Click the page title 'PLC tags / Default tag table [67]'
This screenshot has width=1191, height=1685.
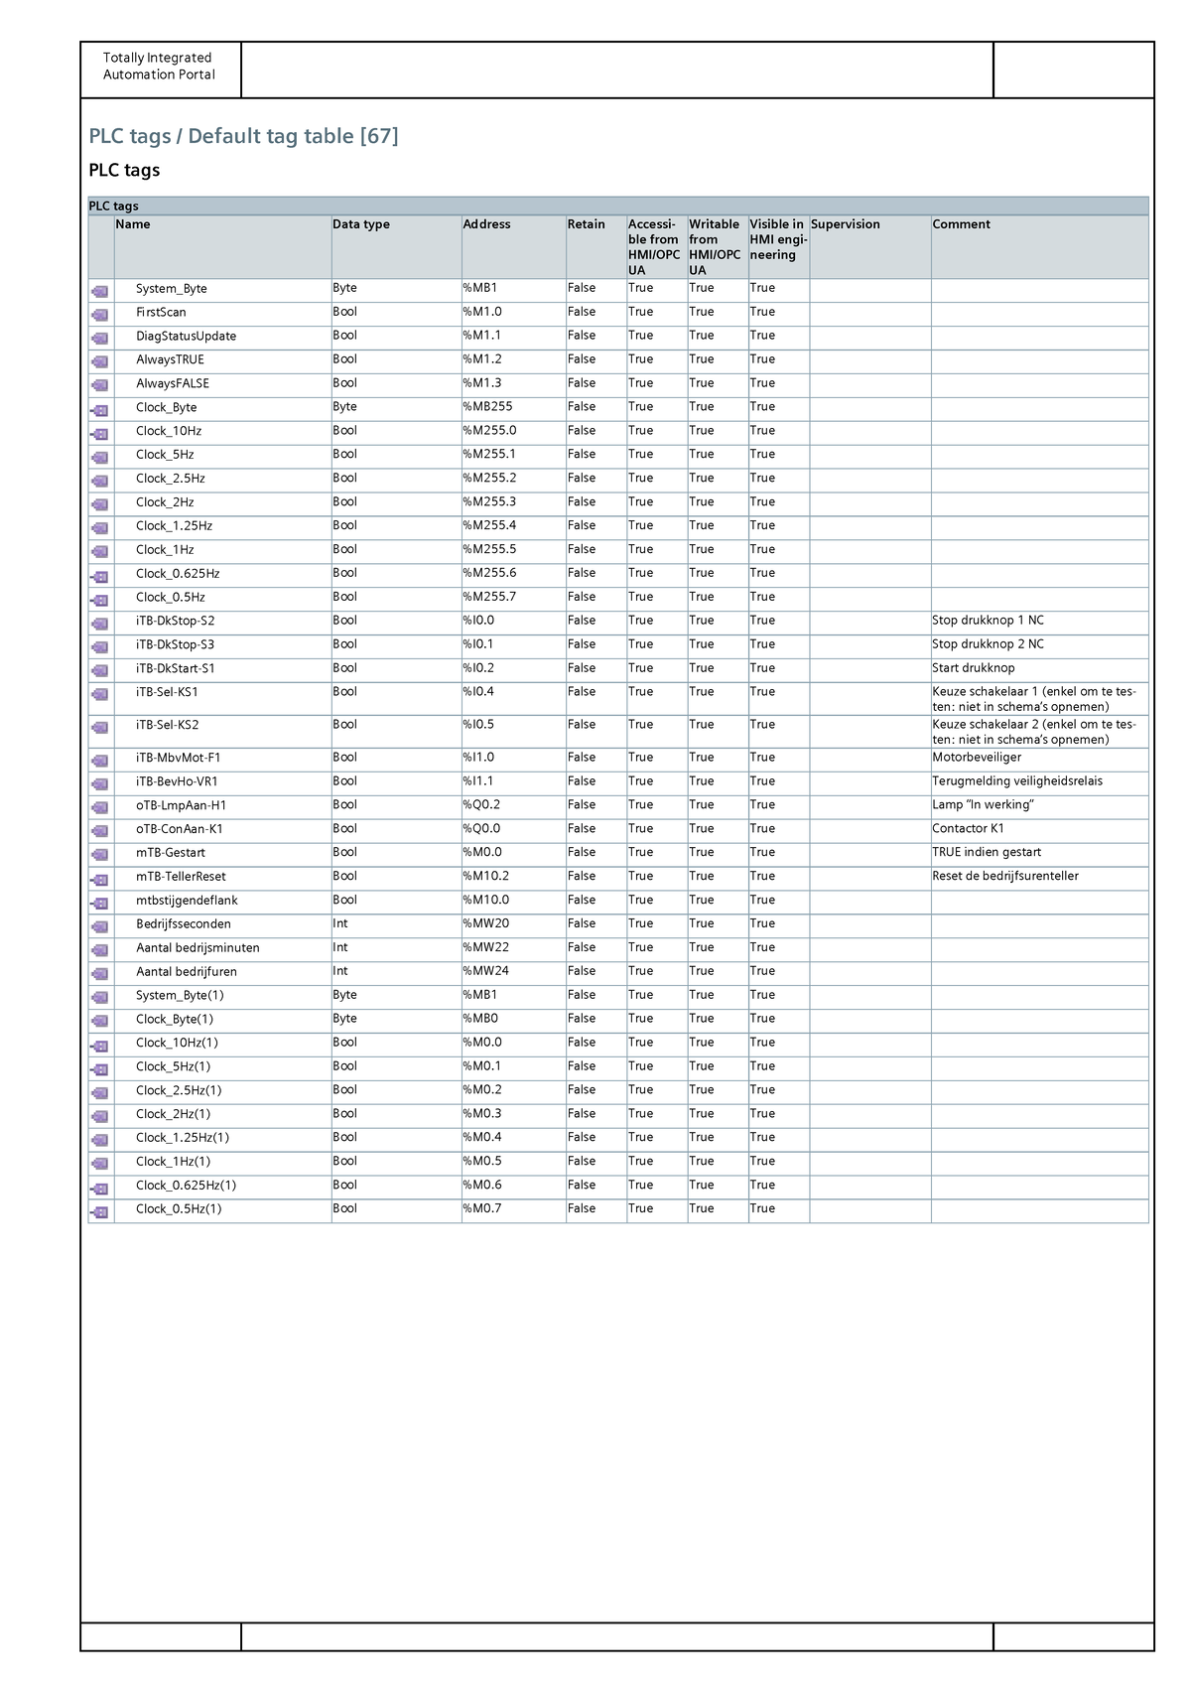[x=243, y=136]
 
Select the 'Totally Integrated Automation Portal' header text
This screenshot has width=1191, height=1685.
[x=159, y=67]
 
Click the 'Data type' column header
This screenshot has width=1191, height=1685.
[x=361, y=224]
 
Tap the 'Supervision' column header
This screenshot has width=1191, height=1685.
[x=846, y=224]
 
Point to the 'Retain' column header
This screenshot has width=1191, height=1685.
[x=586, y=224]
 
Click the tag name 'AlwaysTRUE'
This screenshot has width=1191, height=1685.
[x=170, y=359]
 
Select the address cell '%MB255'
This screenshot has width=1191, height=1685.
[x=487, y=407]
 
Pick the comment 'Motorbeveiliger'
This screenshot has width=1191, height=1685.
[x=977, y=758]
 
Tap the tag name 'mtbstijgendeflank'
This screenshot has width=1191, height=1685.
[x=187, y=901]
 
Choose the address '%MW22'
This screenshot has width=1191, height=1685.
[x=485, y=948]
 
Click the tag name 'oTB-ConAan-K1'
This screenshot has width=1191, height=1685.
[x=180, y=829]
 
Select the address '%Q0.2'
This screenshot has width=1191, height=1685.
[x=481, y=805]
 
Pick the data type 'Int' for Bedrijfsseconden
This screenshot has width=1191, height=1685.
[x=340, y=924]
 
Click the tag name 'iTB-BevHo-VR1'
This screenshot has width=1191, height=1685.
[x=177, y=781]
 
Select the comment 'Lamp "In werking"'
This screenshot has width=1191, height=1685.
[x=984, y=805]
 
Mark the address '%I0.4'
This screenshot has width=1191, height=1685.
[x=478, y=692]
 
